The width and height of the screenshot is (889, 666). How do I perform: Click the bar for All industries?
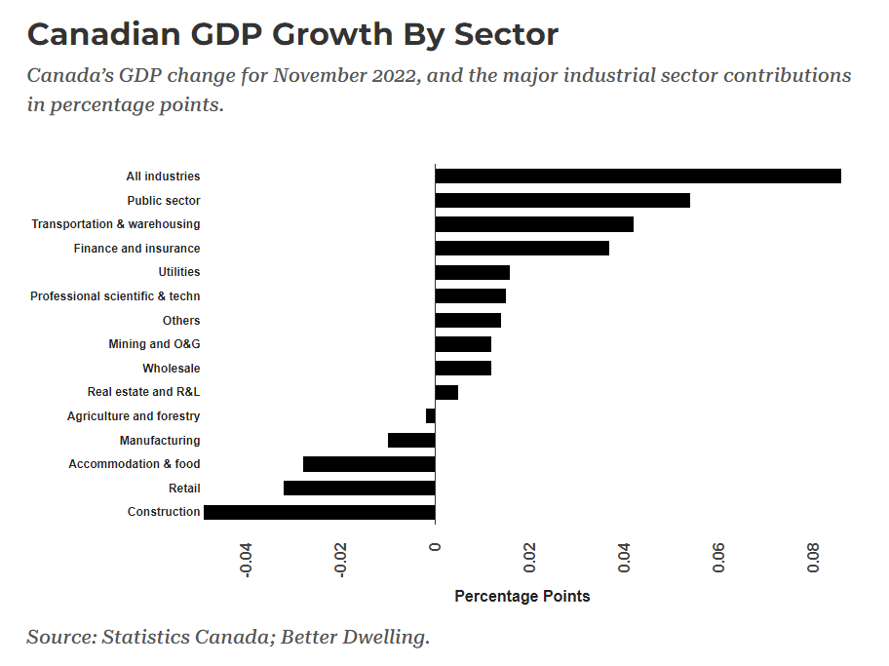[x=638, y=176]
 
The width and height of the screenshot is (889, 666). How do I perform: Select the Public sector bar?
[x=562, y=201]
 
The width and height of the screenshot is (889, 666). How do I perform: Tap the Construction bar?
[x=319, y=512]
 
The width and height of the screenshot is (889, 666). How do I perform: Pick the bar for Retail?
[x=359, y=488]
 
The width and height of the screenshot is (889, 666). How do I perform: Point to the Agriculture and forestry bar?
[x=430, y=416]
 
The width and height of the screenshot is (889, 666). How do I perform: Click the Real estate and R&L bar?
[x=446, y=392]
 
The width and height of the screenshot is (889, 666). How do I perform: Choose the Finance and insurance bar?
[x=522, y=249]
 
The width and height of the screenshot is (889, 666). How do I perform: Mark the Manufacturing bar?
[x=411, y=441]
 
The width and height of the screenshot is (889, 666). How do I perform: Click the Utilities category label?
[x=179, y=272]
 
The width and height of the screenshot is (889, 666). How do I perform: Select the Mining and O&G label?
[x=154, y=344]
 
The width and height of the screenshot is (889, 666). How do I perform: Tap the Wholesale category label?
[x=172, y=369]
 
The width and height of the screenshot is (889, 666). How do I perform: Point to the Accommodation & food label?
[x=135, y=464]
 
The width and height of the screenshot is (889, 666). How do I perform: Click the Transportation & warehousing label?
[x=116, y=224]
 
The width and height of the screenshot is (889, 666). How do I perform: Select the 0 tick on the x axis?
[x=435, y=547]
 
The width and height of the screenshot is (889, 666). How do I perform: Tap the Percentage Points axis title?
[x=522, y=596]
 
